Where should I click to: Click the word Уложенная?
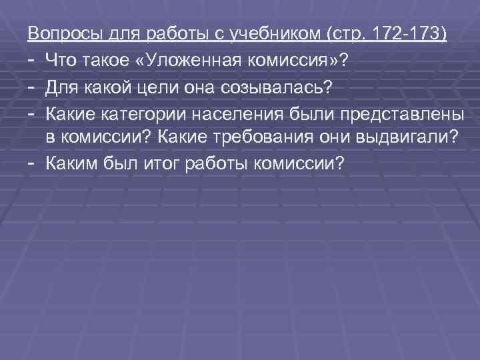point(191,61)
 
